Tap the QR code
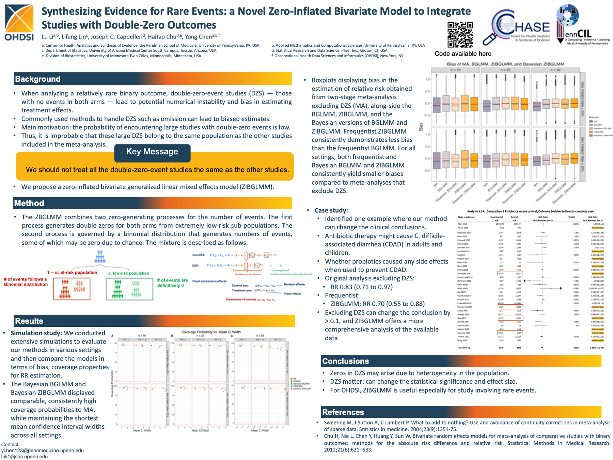pyautogui.click(x=460, y=35)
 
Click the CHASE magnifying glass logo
pyautogui.click(x=516, y=27)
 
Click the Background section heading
pyautogui.click(x=38, y=79)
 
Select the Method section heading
pyautogui.click(x=29, y=203)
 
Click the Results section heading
pyautogui.click(x=29, y=321)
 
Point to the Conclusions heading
pyautogui.click(x=346, y=361)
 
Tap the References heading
pyautogui.click(x=343, y=412)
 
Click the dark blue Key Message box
pyautogui.click(x=152, y=152)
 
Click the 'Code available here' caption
pyautogui.click(x=463, y=54)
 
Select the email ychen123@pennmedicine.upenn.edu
pyautogui.click(x=43, y=450)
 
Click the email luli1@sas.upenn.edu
pyautogui.click(x=25, y=457)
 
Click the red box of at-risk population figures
pyautogui.click(x=72, y=289)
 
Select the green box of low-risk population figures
pyautogui.click(x=129, y=289)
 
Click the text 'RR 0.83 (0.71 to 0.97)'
pyautogui.click(x=361, y=287)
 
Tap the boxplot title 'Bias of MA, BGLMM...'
pyautogui.click(x=505, y=64)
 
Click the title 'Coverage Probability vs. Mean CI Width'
pyautogui.click(x=211, y=332)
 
